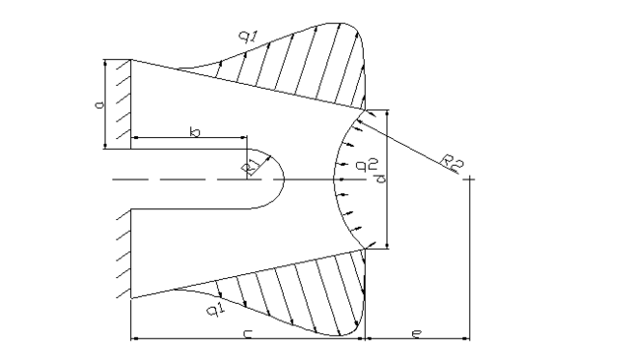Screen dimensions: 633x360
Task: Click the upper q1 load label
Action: [x=247, y=36]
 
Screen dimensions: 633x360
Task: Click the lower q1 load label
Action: [x=216, y=309]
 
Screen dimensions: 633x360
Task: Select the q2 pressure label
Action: [x=367, y=164]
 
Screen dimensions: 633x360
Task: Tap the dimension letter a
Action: [x=100, y=105]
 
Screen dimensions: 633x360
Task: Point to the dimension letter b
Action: [x=195, y=132]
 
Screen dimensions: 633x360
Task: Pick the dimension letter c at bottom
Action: [x=247, y=333]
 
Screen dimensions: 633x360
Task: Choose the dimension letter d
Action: [x=381, y=179]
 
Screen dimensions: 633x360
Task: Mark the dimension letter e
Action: [x=417, y=333]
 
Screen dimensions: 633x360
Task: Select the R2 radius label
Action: [x=452, y=161]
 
